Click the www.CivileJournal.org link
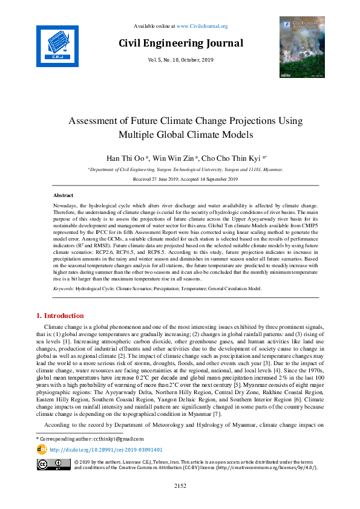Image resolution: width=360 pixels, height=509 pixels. (x=201, y=26)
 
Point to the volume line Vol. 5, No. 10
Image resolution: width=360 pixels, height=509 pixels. (x=180, y=60)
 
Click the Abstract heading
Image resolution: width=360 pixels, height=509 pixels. (x=63, y=196)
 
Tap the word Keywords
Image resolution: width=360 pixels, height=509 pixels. (x=63, y=289)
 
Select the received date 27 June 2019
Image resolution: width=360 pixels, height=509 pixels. (x=161, y=180)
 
